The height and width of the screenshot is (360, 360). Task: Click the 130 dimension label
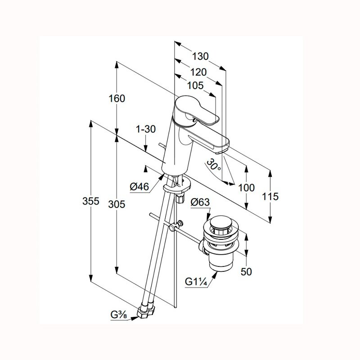point(200,56)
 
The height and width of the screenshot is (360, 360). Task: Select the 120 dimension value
point(198,72)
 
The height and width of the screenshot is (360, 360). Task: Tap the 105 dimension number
point(195,85)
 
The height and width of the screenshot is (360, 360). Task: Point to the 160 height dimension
point(117,99)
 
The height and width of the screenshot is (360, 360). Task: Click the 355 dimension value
point(91,201)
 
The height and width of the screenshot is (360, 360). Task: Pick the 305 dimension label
point(117,204)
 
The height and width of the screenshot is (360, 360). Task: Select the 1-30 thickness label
point(146,129)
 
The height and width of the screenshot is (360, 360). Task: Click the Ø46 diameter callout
point(139,187)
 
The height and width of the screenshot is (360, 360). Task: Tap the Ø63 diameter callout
point(200,202)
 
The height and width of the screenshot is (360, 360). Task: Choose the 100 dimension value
point(247,188)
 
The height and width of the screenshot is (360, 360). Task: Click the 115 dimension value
point(270,197)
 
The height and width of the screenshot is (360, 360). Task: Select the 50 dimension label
point(246,272)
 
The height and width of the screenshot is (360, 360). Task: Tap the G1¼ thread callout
point(196,282)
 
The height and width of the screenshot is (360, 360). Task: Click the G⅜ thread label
point(118,315)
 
